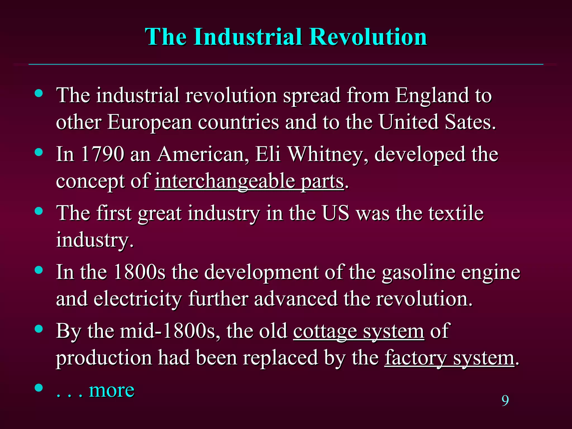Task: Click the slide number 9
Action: tap(505, 401)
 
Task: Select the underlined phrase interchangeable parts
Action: tap(249, 182)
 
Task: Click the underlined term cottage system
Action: tap(359, 331)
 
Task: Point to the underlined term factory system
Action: tap(449, 358)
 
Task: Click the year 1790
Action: tap(103, 154)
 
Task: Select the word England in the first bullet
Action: tap(432, 96)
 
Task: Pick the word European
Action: tap(150, 123)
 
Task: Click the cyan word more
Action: tap(111, 390)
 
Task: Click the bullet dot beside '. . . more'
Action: tap(39, 388)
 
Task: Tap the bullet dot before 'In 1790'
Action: tap(39, 152)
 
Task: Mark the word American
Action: tap(201, 154)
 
